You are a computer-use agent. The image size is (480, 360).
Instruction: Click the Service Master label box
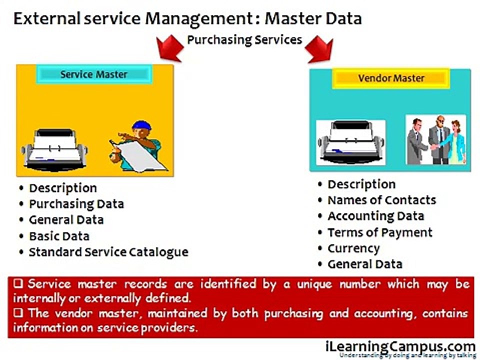(x=94, y=74)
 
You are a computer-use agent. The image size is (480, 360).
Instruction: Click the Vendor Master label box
(x=391, y=78)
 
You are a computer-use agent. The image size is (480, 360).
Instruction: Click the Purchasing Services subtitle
(x=244, y=39)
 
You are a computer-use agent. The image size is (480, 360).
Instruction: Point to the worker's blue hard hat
(x=141, y=125)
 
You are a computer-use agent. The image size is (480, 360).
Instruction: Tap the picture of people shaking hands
(x=435, y=140)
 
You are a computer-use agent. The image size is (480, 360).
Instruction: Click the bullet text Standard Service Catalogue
(x=108, y=251)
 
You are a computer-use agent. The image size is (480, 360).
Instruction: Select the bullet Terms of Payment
(x=379, y=232)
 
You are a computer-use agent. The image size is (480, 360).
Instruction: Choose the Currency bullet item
(x=353, y=248)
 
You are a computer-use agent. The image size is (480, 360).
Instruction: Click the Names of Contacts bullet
(x=381, y=200)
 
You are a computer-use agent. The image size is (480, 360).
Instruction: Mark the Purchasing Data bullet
(x=76, y=204)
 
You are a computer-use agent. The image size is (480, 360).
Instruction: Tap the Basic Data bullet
(x=59, y=235)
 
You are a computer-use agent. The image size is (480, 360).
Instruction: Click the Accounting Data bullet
(x=375, y=216)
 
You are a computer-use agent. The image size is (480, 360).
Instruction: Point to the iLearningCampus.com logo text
(x=400, y=346)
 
